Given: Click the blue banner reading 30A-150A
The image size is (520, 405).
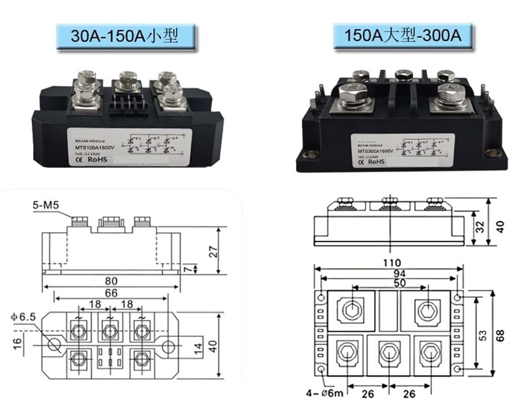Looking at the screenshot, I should [x=125, y=36].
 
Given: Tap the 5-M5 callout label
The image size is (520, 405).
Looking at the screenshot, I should [x=46, y=205].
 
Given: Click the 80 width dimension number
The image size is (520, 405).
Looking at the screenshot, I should [x=111, y=281].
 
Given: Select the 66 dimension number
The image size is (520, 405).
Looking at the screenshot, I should [x=111, y=293].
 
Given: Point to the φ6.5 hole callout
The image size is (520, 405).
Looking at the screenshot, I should [x=23, y=317].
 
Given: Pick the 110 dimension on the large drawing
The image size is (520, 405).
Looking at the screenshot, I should [x=392, y=263].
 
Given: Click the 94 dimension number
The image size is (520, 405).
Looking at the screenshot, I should [x=399, y=273].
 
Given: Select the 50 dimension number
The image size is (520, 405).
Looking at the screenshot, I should [x=399, y=283].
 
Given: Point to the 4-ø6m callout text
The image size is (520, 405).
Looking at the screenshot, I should [x=324, y=393].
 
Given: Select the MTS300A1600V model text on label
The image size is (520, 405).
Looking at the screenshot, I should [x=375, y=151].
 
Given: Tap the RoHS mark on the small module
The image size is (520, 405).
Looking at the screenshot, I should [x=97, y=159].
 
